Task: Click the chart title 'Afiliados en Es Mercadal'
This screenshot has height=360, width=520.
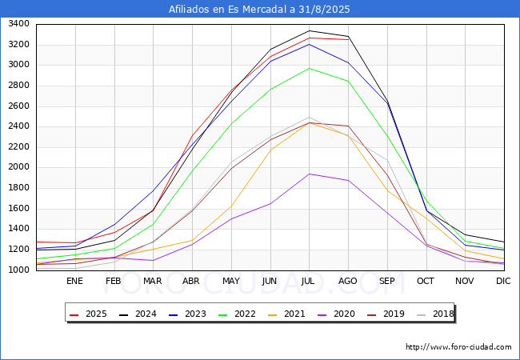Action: click(228, 10)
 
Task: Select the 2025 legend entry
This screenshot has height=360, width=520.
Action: click(88, 314)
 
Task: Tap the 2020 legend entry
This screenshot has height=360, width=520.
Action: click(336, 314)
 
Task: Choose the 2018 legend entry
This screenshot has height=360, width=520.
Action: click(435, 314)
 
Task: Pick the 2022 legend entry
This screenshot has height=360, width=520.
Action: click(237, 314)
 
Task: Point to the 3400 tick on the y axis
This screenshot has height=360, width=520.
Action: click(18, 24)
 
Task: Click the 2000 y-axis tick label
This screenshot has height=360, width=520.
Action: click(18, 167)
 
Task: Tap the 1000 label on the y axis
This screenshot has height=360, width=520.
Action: click(18, 270)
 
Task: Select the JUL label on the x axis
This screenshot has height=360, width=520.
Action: click(308, 281)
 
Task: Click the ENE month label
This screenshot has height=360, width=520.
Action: click(74, 281)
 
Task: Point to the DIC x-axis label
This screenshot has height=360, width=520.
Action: click(503, 281)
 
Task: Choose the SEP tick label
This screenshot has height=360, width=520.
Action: click(386, 281)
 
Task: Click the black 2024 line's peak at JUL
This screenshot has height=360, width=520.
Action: click(309, 31)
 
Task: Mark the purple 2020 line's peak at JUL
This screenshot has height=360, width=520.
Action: click(309, 174)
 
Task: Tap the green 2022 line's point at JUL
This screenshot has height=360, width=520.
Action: click(309, 68)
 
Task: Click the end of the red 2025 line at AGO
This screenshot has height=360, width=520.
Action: click(348, 39)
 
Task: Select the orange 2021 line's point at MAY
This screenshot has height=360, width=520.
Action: click(231, 206)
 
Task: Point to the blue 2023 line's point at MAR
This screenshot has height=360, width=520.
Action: click(154, 190)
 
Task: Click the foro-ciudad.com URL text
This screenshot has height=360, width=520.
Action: click(458, 347)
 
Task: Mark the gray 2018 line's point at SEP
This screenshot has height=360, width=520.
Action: click(387, 161)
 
